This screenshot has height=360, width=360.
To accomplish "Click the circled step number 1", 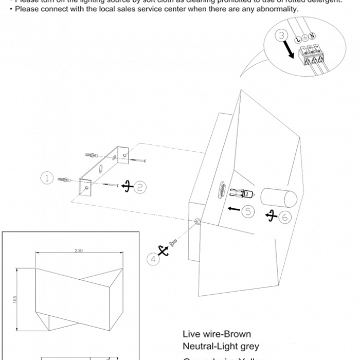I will point(47,178).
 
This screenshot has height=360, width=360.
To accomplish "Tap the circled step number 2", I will point(140,187).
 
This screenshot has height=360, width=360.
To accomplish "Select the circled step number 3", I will point(281,35).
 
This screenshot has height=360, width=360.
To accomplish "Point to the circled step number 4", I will point(153,259).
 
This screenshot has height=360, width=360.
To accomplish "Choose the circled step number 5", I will point(248,211).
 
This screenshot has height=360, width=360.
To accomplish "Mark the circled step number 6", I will point(285,217).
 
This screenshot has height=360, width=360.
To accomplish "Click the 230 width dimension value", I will point(78,250).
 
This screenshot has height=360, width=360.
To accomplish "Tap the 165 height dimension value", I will point(15,299).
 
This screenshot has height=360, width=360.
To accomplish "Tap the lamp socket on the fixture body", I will point(221,190).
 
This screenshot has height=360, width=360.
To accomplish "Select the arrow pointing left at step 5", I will point(233,209).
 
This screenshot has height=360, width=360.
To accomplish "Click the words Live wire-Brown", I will point(217,334).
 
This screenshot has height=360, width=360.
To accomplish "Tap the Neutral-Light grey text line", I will point(221,347).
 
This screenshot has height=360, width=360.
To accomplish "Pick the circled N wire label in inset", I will point(312,36).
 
